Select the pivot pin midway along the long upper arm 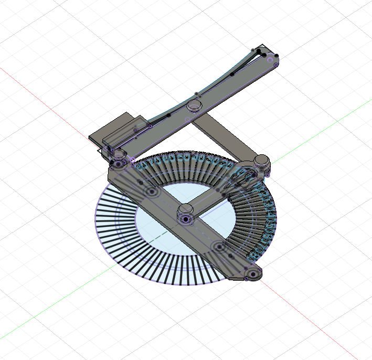click(194, 105)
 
